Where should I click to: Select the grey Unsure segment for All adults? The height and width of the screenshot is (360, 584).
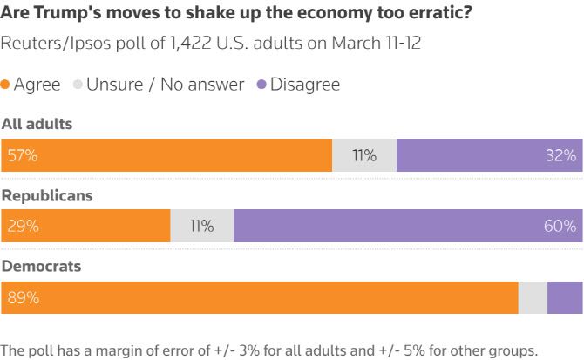point(364,156)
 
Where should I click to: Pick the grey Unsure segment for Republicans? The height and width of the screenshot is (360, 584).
point(201,227)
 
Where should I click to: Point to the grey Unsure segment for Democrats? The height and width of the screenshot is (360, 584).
point(533,297)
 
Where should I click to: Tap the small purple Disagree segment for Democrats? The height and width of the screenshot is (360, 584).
point(565,297)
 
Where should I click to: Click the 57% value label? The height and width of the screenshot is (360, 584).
point(23,156)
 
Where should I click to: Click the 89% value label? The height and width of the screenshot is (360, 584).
point(23,297)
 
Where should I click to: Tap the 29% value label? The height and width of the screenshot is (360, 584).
point(23,227)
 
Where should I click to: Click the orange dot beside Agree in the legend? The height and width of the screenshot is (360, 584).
point(5,85)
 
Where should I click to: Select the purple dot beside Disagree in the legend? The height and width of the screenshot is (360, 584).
point(261,85)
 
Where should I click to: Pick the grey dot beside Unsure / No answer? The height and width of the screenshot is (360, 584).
point(78,85)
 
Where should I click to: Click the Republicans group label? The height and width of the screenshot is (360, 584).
point(47,196)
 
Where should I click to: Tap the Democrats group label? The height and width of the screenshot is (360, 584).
point(41,267)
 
